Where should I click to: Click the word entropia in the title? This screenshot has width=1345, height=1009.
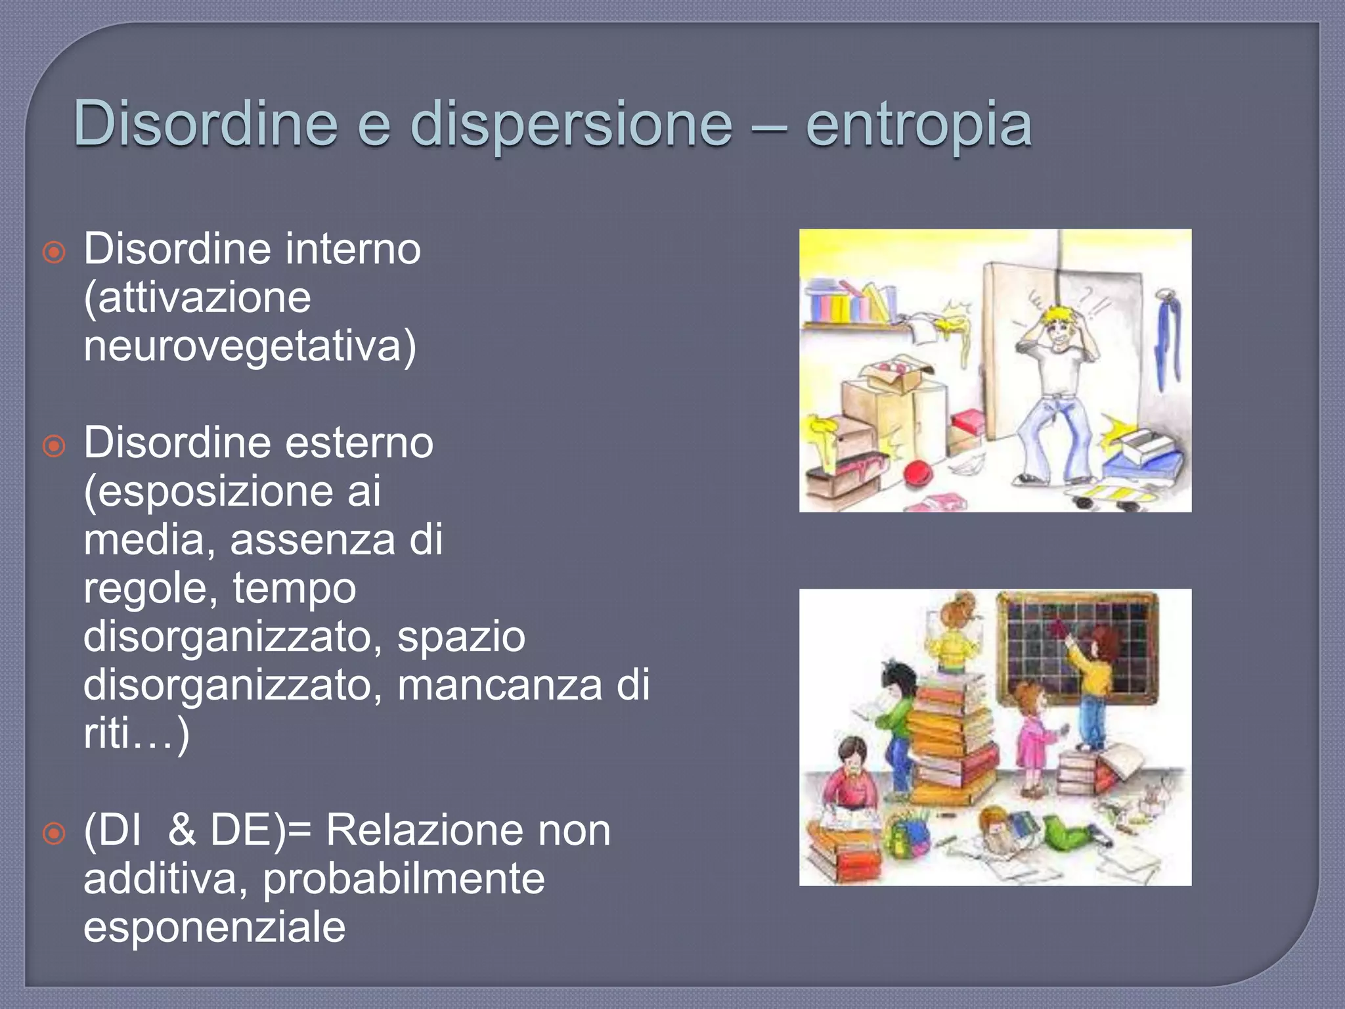point(918,125)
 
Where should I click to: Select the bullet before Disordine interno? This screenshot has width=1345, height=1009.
point(54,252)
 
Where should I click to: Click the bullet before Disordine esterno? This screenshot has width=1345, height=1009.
point(54,446)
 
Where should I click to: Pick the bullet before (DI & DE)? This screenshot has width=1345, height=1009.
point(54,833)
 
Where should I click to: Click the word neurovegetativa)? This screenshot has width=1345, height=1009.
point(250,346)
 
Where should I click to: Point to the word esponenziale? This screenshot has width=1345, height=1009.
point(214,927)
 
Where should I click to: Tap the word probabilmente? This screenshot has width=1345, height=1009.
point(403,878)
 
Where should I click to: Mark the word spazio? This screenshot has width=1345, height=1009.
point(461,636)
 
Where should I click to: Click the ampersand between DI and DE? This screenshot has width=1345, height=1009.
point(181,830)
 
